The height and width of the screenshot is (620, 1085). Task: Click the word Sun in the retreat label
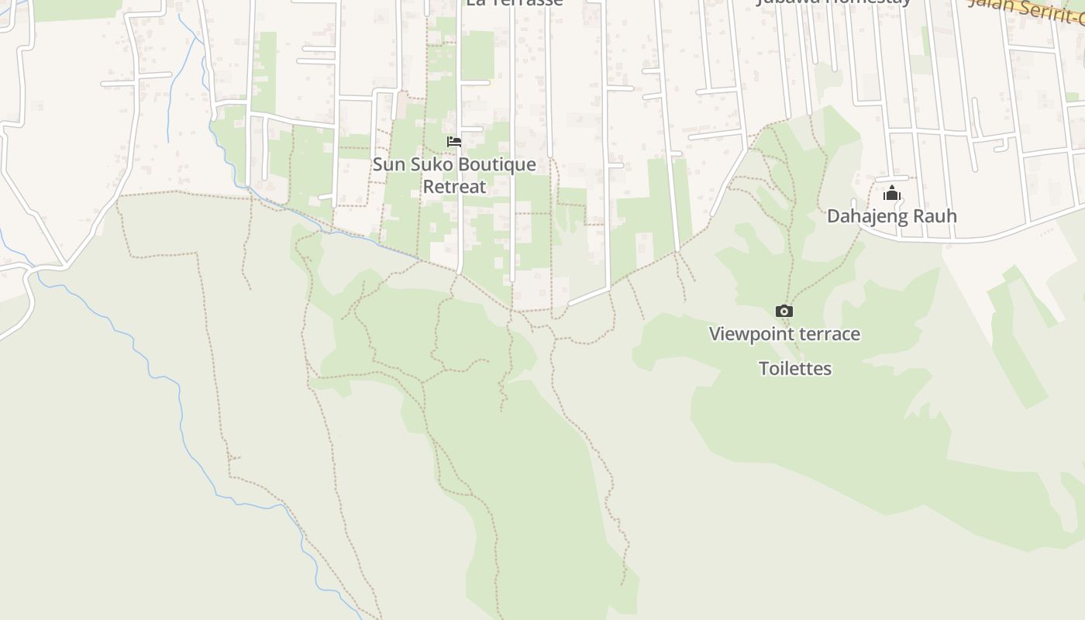click(x=388, y=164)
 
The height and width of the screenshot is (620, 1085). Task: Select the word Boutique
click(x=497, y=164)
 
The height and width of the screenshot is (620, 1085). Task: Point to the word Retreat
click(x=454, y=187)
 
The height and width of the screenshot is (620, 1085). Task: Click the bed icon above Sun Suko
click(x=454, y=142)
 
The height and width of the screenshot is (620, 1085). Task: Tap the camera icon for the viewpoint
click(x=784, y=312)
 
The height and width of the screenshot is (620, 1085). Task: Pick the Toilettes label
click(x=795, y=369)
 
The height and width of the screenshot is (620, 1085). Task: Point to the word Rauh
click(x=937, y=216)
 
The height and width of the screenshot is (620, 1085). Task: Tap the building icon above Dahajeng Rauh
click(x=892, y=193)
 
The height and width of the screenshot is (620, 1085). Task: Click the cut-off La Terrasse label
click(x=514, y=3)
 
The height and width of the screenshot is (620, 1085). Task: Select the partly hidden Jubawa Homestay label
click(x=834, y=2)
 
